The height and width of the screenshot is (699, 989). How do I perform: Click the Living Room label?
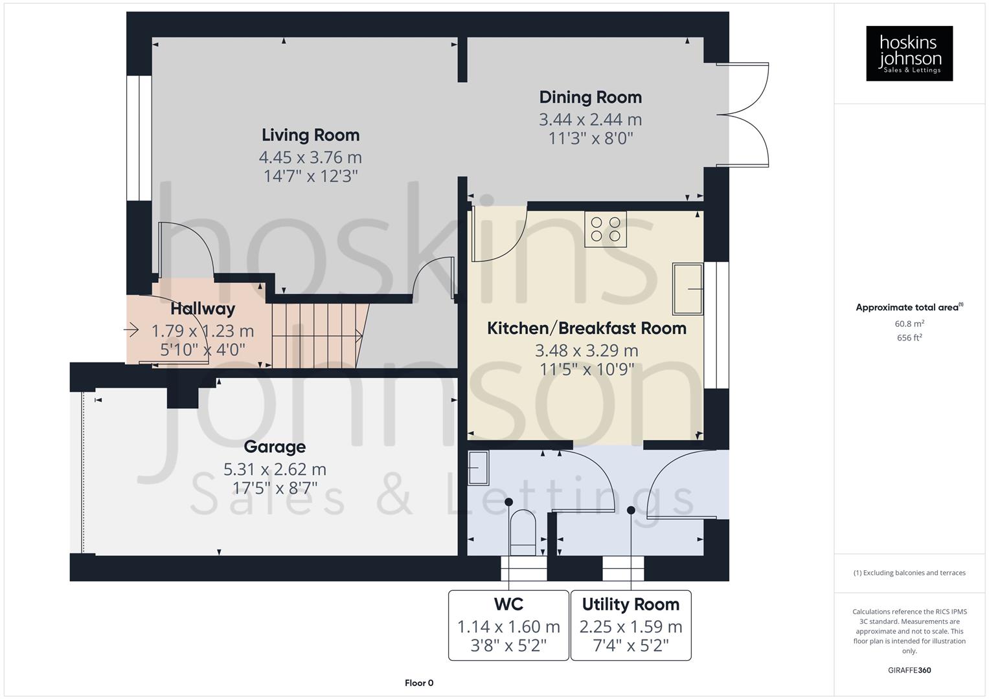click(310, 135)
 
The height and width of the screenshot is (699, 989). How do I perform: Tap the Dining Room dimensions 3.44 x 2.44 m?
click(590, 120)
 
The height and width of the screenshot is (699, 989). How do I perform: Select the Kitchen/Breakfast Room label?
click(586, 328)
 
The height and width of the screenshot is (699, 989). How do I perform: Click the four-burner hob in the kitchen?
click(606, 229)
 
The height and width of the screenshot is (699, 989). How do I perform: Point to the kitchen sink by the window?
click(687, 288)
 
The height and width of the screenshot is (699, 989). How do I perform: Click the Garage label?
click(275, 447)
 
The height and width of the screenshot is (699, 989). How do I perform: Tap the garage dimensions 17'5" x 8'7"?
click(275, 487)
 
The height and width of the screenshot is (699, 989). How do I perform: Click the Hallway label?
click(203, 309)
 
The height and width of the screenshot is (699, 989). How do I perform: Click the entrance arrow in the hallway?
click(131, 331)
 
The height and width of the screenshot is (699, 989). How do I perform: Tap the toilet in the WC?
click(523, 532)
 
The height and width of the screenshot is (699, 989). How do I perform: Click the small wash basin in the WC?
click(478, 467)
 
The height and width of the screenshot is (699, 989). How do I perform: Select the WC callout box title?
click(508, 605)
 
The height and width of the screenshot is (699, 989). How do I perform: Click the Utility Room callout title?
click(630, 605)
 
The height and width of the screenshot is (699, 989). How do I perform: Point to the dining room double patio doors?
click(743, 115)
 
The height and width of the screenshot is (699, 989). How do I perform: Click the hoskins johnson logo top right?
click(909, 53)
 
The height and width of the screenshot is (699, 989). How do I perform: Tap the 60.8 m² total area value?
click(909, 324)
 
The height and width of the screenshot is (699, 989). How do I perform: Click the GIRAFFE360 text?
click(909, 670)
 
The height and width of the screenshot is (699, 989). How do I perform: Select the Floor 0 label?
click(419, 683)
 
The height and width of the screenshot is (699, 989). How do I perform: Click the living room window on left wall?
click(139, 139)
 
